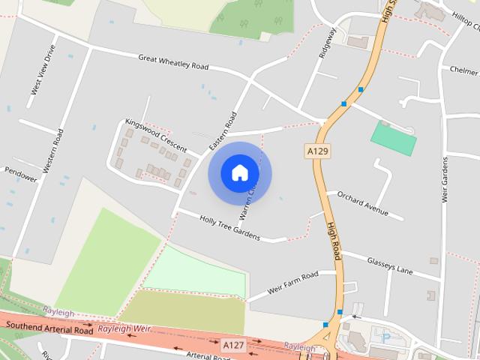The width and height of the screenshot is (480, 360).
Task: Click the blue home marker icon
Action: [x=239, y=173]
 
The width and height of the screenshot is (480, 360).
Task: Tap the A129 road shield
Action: [x=319, y=151]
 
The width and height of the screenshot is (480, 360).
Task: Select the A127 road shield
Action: [x=234, y=345]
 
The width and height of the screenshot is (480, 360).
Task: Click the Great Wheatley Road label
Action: [x=173, y=61]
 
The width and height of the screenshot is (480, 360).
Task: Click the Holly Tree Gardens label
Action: [x=229, y=227]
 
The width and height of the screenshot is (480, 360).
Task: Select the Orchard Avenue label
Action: [x=362, y=203]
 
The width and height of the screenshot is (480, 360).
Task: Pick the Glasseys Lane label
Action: [x=388, y=264]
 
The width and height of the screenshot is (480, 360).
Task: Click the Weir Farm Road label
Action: [x=292, y=283]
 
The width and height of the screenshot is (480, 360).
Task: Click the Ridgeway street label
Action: [x=328, y=43]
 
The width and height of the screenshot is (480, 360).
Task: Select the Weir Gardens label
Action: [x=445, y=180]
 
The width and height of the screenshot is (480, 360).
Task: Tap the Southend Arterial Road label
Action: [x=49, y=328]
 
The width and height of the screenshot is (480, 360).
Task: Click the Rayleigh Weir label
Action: [x=125, y=329]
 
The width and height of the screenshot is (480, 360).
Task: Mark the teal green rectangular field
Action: [x=393, y=139]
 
